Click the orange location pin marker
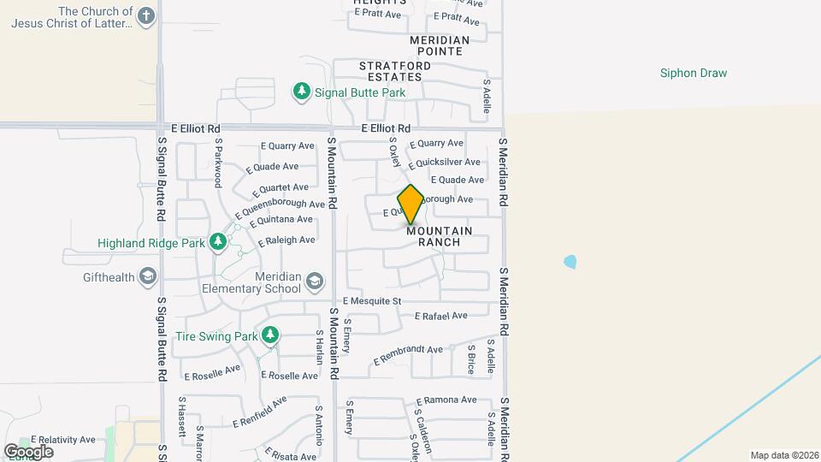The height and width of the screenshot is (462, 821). click(x=410, y=204)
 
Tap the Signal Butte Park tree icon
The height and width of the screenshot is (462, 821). click(x=301, y=91)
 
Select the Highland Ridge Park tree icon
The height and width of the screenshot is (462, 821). click(x=218, y=243)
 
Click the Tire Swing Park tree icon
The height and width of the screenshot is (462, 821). click(x=270, y=335)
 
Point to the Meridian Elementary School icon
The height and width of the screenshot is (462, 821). click(x=315, y=281)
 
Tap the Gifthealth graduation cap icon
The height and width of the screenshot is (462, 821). click(x=149, y=276)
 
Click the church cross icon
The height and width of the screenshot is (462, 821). click(x=147, y=16)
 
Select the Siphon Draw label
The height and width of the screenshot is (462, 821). click(x=694, y=74)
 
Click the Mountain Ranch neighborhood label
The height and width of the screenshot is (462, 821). click(x=439, y=237)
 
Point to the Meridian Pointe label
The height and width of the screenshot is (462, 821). click(x=440, y=46)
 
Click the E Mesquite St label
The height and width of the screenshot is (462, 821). click(x=372, y=301)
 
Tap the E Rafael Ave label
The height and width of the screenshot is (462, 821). click(x=440, y=316)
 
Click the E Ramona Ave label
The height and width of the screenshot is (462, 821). click(x=446, y=400)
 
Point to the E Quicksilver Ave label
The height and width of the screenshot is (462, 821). click(x=444, y=162)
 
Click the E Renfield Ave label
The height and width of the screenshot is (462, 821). click(x=260, y=412)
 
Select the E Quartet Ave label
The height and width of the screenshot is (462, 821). click(x=278, y=187)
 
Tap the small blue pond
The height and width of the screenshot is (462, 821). click(x=570, y=261)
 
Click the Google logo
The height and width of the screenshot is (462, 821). click(x=28, y=451)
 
